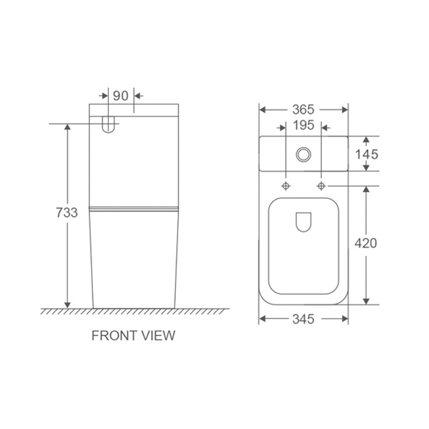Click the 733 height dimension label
click(66, 212)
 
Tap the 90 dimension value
click(121, 96)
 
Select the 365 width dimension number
click(304, 110)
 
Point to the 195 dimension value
click(304, 125)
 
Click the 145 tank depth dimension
click(367, 154)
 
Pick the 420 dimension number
click(366, 243)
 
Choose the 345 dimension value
click(304, 319)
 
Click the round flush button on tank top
click(304, 154)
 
